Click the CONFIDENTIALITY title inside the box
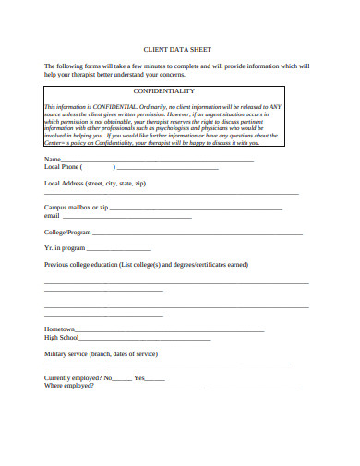(x=164, y=92)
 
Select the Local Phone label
(x=63, y=168)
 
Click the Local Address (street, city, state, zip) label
(x=95, y=184)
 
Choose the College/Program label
(x=67, y=233)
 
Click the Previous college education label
(x=146, y=264)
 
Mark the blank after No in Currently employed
(x=122, y=378)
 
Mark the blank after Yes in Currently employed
(x=155, y=378)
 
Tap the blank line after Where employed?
(x=198, y=387)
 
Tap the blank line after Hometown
(x=172, y=330)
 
